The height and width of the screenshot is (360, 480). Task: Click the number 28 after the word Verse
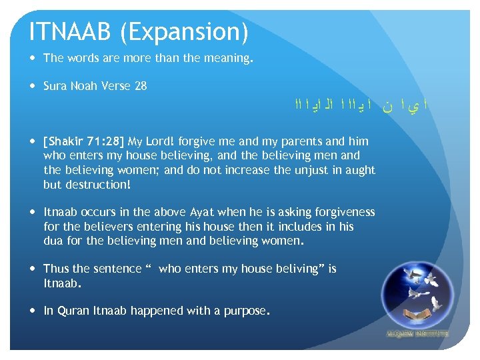pos(140,86)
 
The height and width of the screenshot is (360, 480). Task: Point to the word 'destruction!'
pos(87,185)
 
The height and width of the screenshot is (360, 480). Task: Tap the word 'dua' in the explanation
pos(53,241)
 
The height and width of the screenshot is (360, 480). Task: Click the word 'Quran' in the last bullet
pos(75,311)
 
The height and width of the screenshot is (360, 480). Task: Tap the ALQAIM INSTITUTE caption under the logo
pos(417,333)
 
